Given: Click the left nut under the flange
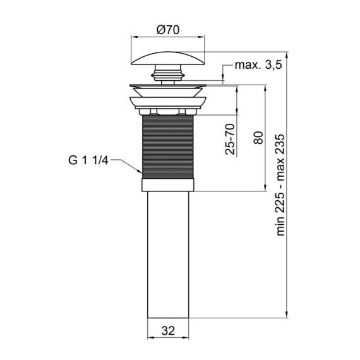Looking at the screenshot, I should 149,112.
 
